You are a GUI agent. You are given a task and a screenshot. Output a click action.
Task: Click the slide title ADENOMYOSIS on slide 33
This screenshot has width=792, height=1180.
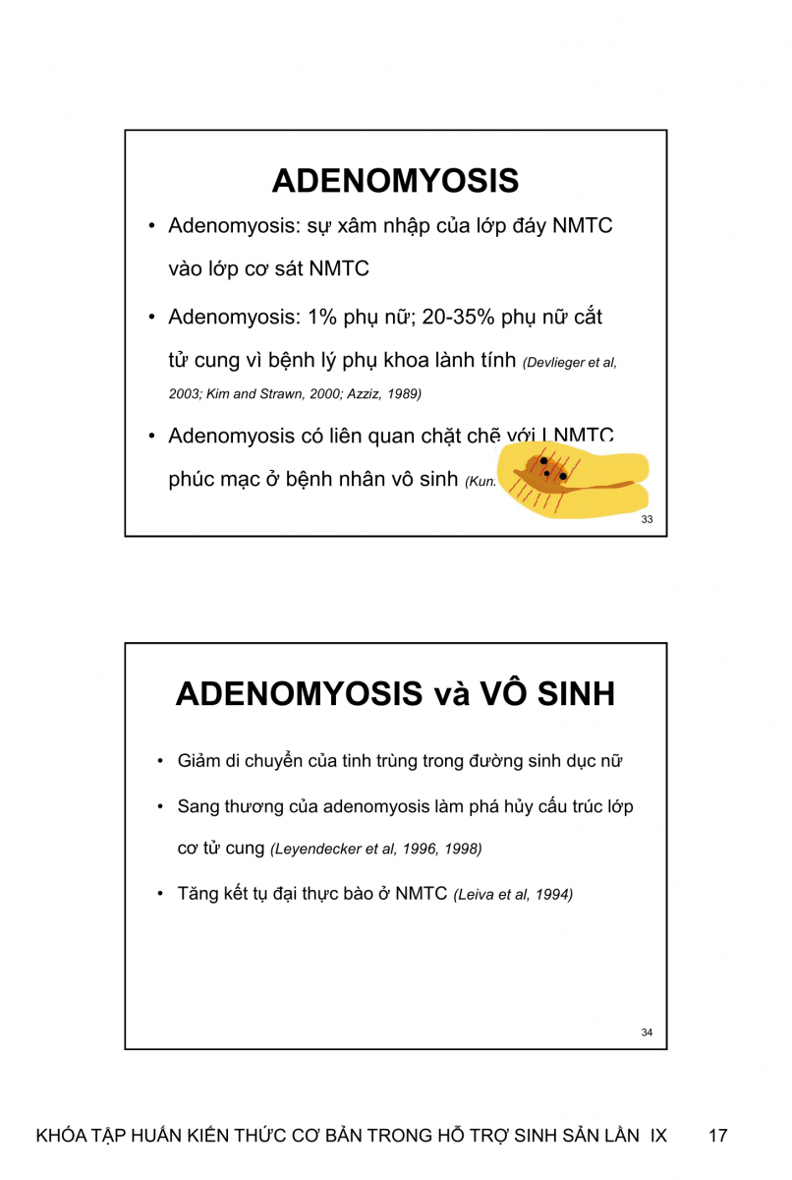click(395, 181)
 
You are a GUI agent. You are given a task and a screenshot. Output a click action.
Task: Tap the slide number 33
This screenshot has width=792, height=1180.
click(647, 519)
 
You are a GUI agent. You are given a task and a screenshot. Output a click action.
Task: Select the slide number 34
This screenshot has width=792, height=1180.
click(647, 1032)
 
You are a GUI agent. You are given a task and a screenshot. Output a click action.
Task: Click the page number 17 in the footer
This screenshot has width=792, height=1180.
click(717, 1136)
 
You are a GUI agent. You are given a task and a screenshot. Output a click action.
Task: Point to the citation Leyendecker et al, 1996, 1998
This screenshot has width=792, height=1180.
click(376, 849)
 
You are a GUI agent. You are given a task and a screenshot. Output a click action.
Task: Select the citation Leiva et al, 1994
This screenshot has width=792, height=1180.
click(513, 895)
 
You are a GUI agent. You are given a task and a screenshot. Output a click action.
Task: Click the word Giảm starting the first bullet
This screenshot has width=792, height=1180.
click(199, 762)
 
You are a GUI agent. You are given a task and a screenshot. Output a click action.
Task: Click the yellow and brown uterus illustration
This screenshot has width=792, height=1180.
click(572, 479)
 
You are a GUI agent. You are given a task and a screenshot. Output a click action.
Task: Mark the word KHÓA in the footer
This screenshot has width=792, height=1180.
click(61, 1136)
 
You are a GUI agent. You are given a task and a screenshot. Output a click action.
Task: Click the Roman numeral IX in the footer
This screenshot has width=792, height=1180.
click(658, 1136)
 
